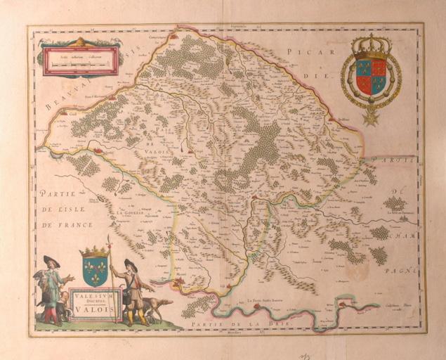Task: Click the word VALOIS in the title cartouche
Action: tap(96, 306)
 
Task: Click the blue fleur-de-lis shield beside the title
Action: tap(95, 270)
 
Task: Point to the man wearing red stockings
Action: tap(51, 292)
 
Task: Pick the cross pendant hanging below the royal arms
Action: tap(370, 115)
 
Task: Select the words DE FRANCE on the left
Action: tap(59, 225)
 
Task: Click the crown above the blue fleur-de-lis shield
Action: tap(94, 252)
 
